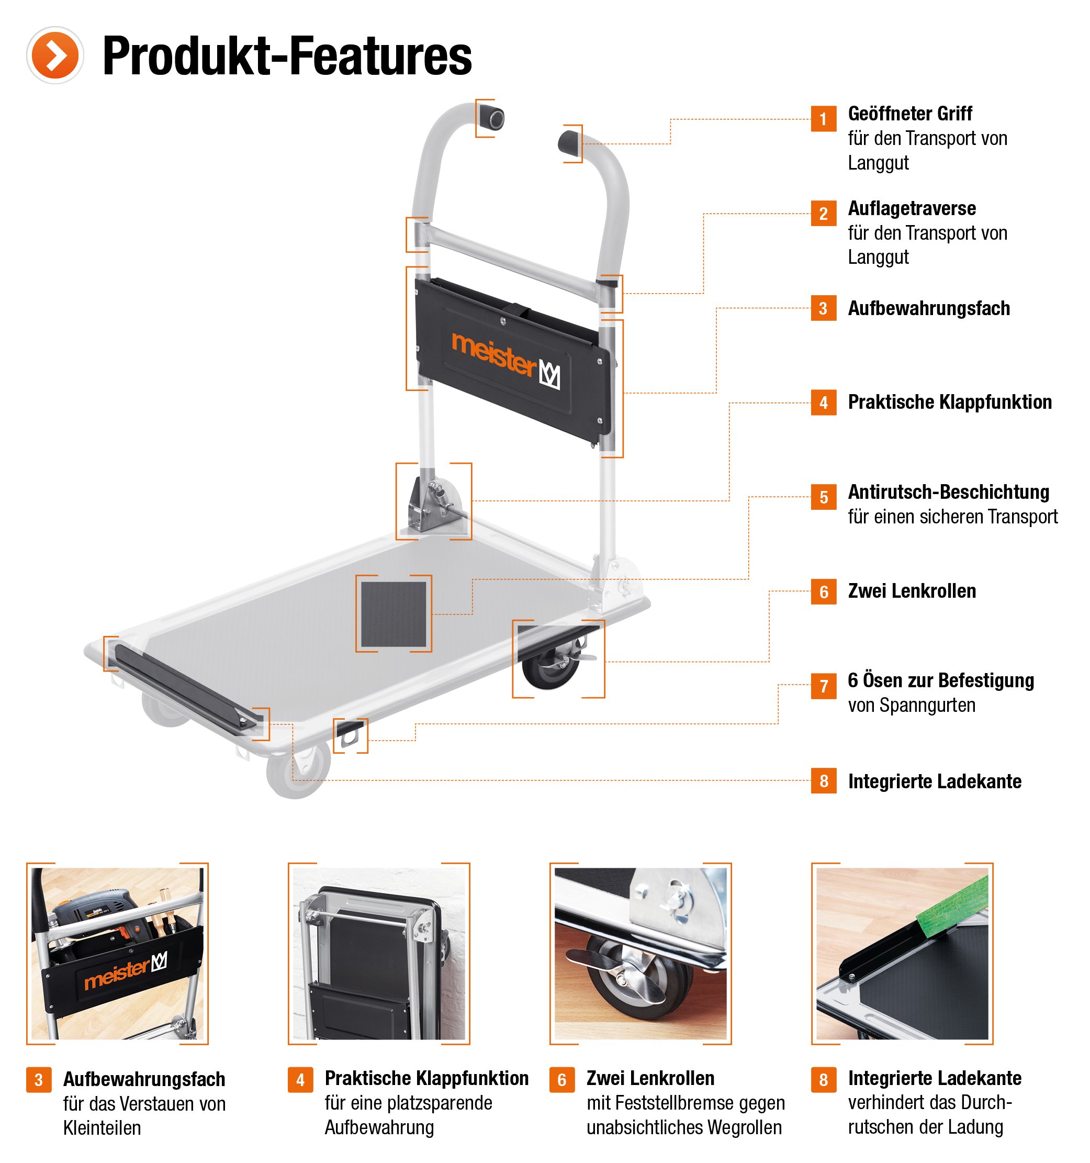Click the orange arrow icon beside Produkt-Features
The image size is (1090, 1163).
(x=54, y=55)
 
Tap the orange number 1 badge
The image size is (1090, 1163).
(x=823, y=119)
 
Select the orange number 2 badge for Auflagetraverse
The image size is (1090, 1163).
(x=823, y=214)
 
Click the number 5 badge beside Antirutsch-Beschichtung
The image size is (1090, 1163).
(x=823, y=497)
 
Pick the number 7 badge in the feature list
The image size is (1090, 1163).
(x=823, y=686)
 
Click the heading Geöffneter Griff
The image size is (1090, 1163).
(x=909, y=114)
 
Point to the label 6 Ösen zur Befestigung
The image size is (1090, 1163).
(x=940, y=680)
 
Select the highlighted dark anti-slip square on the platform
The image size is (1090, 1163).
(x=393, y=613)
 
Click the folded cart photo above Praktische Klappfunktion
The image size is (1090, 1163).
(x=378, y=954)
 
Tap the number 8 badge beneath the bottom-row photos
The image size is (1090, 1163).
(x=823, y=1079)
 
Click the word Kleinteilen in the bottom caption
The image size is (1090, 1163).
(x=103, y=1128)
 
